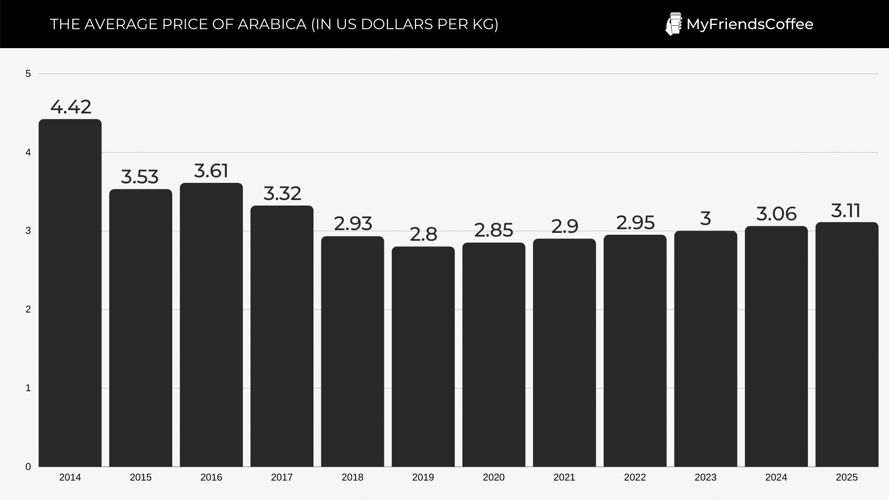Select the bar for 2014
70,293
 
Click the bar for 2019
423,356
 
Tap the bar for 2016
211,325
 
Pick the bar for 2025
847,344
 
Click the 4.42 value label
71,107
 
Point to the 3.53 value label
140,177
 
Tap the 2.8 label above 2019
423,234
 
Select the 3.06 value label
776,214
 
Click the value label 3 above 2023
705,219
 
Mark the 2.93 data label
353,224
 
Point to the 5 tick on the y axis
28,74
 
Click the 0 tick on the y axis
28,467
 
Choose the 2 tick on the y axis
28,309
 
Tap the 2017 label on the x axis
282,477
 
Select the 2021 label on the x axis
564,477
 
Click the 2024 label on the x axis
776,477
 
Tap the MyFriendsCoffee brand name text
750,24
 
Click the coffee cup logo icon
673,24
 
